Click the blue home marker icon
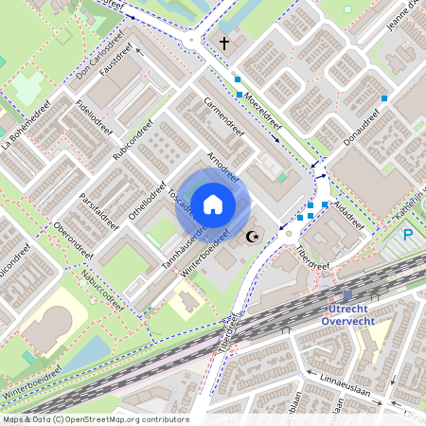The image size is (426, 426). (214, 203)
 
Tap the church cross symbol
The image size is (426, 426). (225, 43)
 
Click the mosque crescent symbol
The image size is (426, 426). (251, 236)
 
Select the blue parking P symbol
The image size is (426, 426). (408, 235)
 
